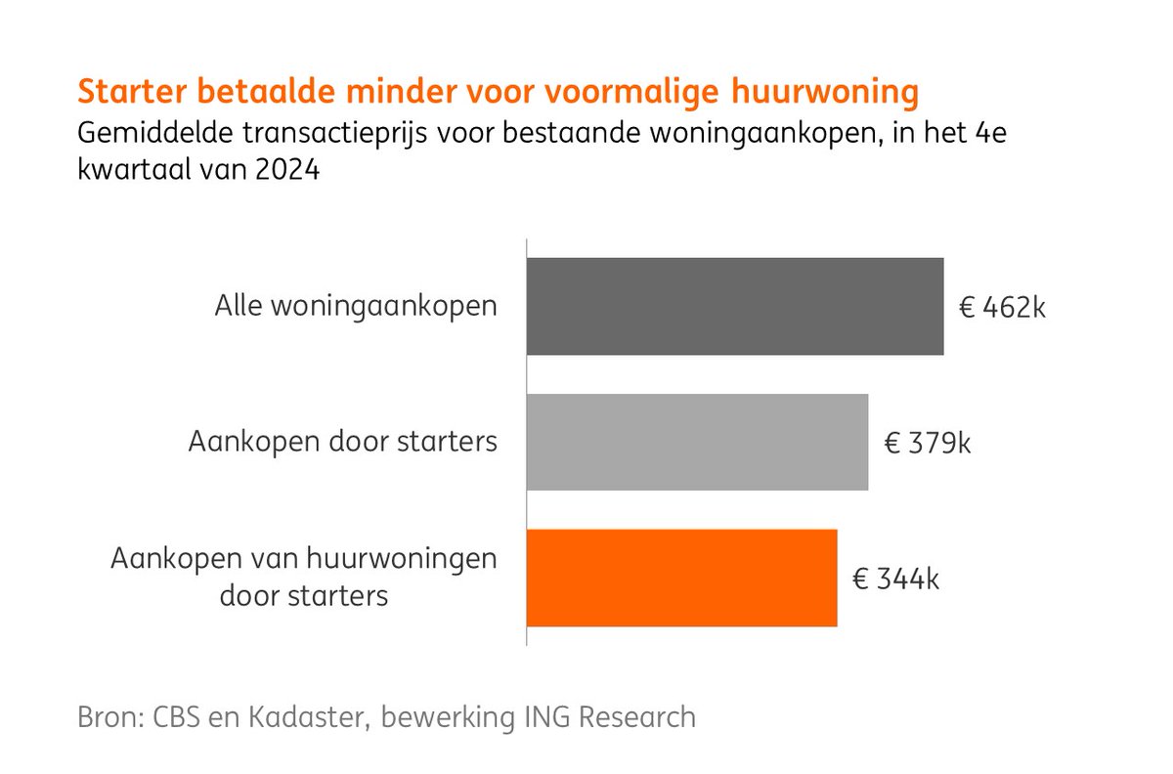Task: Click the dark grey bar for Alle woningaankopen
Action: click(x=735, y=306)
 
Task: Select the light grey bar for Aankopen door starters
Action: click(x=697, y=442)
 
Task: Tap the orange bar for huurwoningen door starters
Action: click(x=681, y=578)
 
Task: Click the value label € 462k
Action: click(x=1002, y=309)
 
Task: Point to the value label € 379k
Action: click(x=928, y=444)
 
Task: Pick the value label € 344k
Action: click(x=896, y=580)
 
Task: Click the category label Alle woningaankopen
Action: click(x=356, y=306)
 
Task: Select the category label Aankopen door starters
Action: click(x=342, y=442)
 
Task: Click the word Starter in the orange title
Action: click(x=131, y=92)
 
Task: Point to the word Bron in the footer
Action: click(x=110, y=716)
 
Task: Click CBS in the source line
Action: click(x=186, y=716)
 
